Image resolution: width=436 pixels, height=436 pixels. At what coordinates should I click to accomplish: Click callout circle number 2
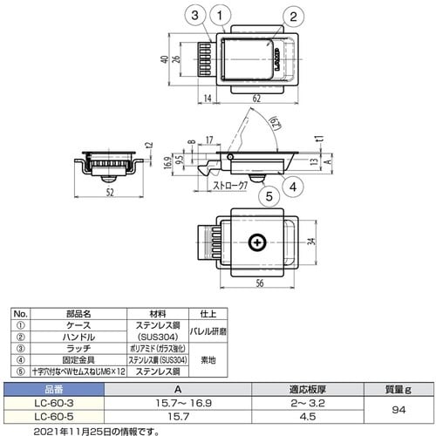[x=294, y=15]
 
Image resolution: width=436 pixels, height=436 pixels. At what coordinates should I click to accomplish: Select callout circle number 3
[x=195, y=15]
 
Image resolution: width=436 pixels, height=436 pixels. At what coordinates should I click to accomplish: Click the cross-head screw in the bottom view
[x=257, y=242]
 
